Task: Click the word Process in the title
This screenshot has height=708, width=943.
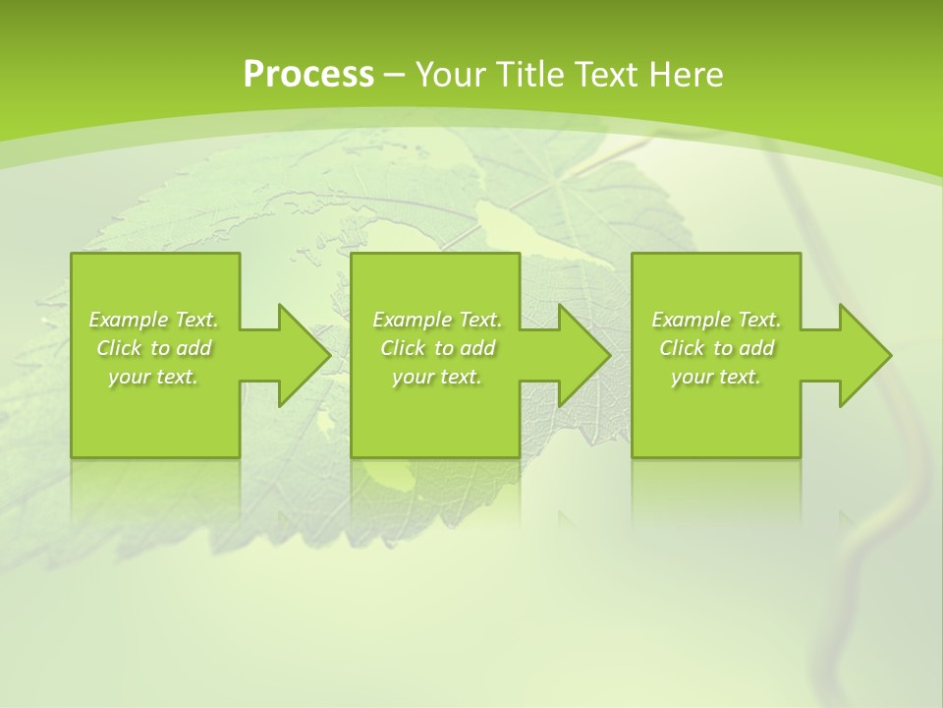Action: pyautogui.click(x=308, y=75)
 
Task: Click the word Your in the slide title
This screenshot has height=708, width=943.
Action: pyautogui.click(x=451, y=75)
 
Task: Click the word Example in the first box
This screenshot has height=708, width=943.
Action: pyautogui.click(x=129, y=320)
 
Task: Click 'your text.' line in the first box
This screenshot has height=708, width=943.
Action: pyautogui.click(x=153, y=377)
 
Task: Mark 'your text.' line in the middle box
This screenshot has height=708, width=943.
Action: pyautogui.click(x=437, y=377)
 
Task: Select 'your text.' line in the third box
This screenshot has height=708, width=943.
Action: pyautogui.click(x=716, y=377)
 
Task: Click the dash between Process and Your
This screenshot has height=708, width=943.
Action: pyautogui.click(x=395, y=75)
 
